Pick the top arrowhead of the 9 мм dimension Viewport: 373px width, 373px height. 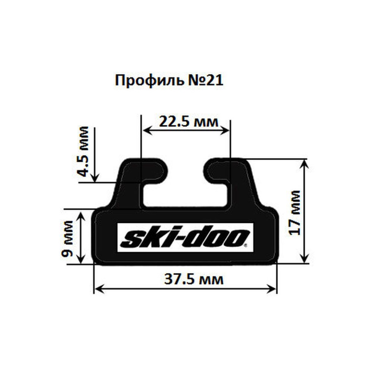[81, 214]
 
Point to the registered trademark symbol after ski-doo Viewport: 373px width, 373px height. [246, 245]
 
